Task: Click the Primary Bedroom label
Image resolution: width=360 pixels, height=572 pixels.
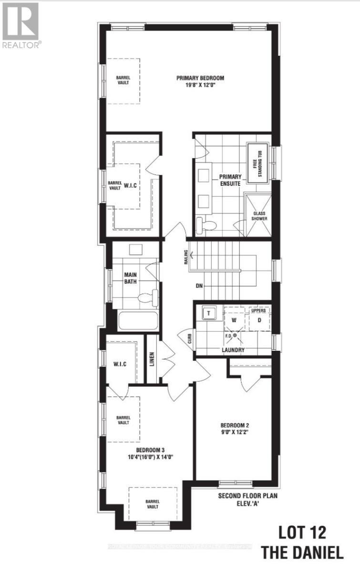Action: point(200,78)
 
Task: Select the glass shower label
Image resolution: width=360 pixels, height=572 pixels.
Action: point(260,216)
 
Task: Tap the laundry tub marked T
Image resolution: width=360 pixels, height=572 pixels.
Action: point(208,313)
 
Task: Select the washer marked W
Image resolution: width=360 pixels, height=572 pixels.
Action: point(234,320)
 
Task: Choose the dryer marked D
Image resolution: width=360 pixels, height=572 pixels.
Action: point(260,320)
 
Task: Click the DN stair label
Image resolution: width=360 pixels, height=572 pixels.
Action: point(200,286)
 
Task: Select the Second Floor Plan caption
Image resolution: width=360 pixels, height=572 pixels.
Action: point(247,496)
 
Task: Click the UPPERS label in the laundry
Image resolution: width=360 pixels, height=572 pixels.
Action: point(258,310)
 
